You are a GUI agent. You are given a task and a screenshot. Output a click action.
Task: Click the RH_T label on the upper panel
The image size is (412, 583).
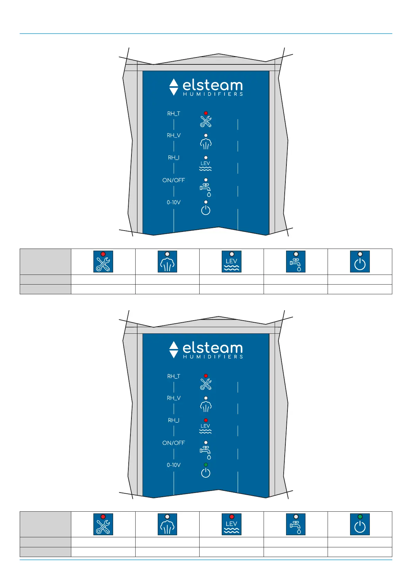point(174,114)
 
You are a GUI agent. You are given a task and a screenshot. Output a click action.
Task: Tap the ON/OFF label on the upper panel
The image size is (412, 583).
point(174,180)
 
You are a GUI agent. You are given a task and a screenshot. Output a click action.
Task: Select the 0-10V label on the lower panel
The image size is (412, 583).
point(174,465)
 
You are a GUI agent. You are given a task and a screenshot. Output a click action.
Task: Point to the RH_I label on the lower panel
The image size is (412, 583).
point(174,420)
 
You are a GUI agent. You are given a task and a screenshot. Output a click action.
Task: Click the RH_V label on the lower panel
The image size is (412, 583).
point(174,398)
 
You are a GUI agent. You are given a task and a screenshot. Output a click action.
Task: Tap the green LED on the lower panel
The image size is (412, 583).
point(206,465)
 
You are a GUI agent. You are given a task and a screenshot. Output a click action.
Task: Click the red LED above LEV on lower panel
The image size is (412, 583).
point(206,420)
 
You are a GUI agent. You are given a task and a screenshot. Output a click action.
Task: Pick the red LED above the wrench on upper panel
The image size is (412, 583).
point(206,113)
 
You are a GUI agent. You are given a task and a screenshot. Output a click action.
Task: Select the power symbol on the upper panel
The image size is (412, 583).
point(206,210)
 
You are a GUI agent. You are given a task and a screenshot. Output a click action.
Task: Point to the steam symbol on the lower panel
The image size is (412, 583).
point(206,406)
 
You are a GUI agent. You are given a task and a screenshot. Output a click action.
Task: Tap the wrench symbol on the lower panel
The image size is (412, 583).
point(206,384)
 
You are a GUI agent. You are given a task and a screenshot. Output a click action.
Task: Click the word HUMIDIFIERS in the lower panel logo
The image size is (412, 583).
point(213,357)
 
